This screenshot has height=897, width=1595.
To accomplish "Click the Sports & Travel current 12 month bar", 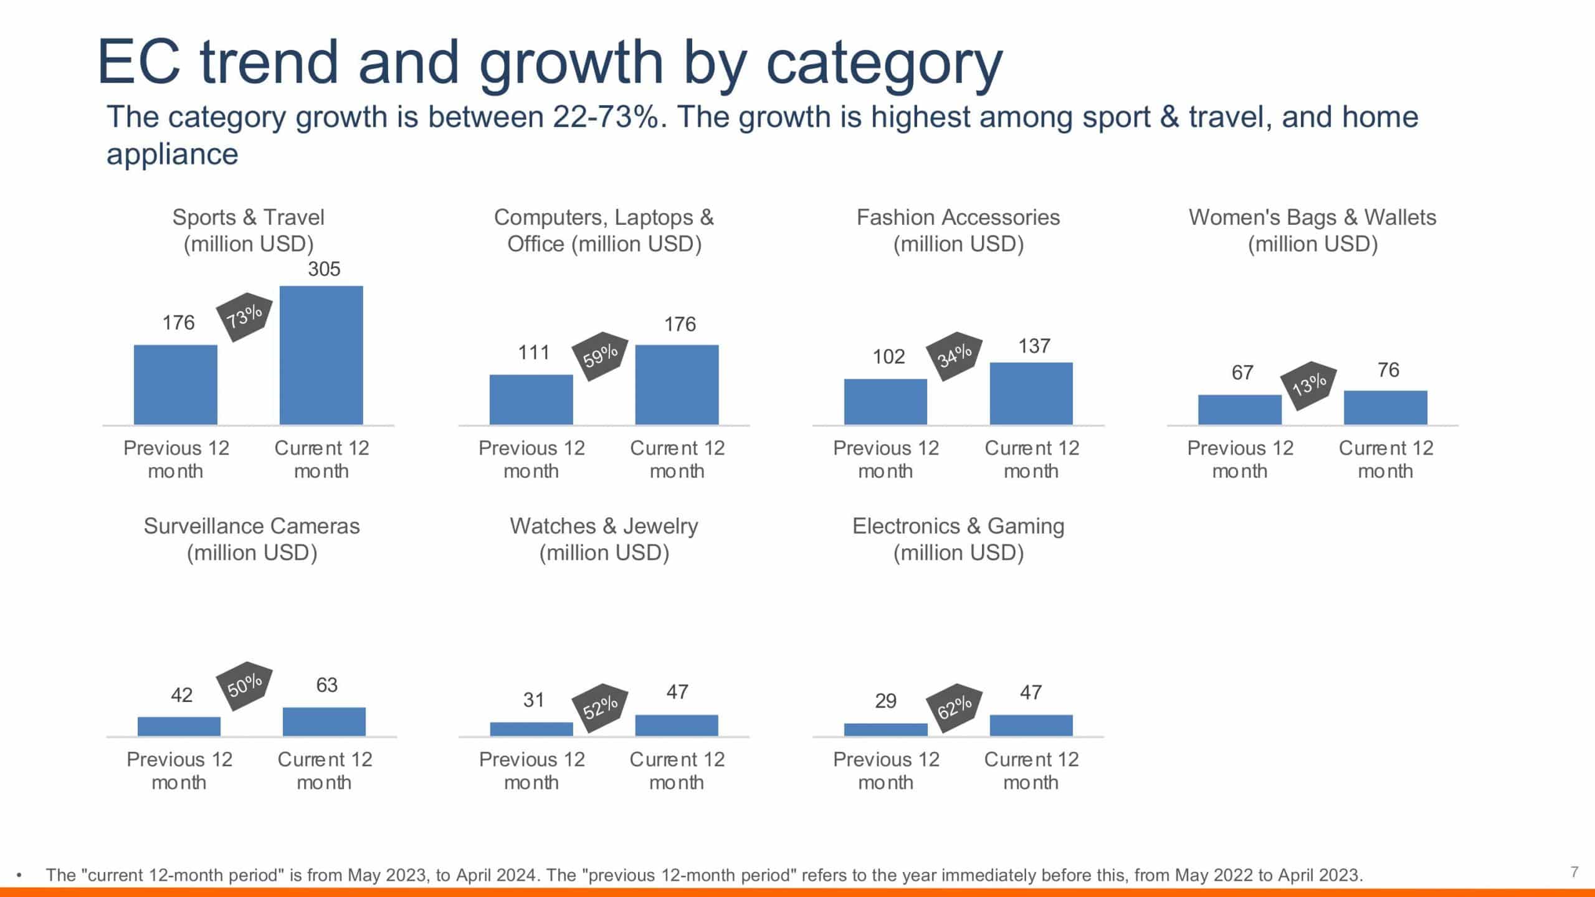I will click(321, 355).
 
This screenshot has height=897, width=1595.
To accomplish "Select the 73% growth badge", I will click(244, 316).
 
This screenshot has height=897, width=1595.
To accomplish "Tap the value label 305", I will click(324, 269).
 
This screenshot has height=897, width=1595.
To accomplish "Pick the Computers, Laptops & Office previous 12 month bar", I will click(531, 399).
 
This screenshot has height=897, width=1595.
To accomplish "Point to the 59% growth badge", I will click(600, 356).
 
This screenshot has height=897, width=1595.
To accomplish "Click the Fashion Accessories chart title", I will click(958, 230).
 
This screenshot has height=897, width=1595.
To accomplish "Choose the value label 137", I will click(1034, 346).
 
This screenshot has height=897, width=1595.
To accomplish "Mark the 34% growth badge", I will click(954, 356).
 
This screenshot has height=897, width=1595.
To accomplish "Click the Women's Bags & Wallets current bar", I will click(1385, 407).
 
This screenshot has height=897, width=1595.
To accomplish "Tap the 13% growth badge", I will click(1308, 385).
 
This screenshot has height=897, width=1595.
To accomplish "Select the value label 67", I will click(1242, 373).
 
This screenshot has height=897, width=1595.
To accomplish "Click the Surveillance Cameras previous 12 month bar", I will click(179, 726).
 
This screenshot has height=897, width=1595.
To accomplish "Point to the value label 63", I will click(326, 685).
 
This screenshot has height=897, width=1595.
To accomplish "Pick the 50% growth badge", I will click(244, 686).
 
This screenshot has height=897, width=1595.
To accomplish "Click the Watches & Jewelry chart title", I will click(604, 539).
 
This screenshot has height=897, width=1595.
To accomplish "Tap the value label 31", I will click(533, 700).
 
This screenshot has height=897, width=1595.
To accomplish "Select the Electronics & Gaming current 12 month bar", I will click(1031, 725).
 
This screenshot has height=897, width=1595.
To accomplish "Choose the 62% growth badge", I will click(954, 707).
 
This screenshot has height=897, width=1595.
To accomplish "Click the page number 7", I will click(1574, 871).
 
